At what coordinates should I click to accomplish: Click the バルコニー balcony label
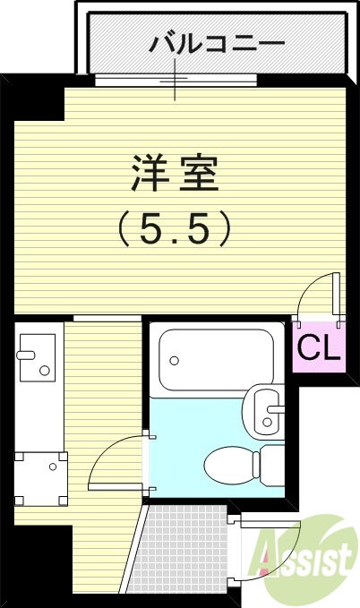click(x=219, y=42)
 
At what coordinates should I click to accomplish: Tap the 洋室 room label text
click(x=176, y=173)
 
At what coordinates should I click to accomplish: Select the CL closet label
click(x=319, y=347)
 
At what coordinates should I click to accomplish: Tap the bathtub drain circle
click(x=175, y=361)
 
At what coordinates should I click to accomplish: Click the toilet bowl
click(x=229, y=465)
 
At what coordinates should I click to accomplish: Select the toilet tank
click(x=271, y=465)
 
